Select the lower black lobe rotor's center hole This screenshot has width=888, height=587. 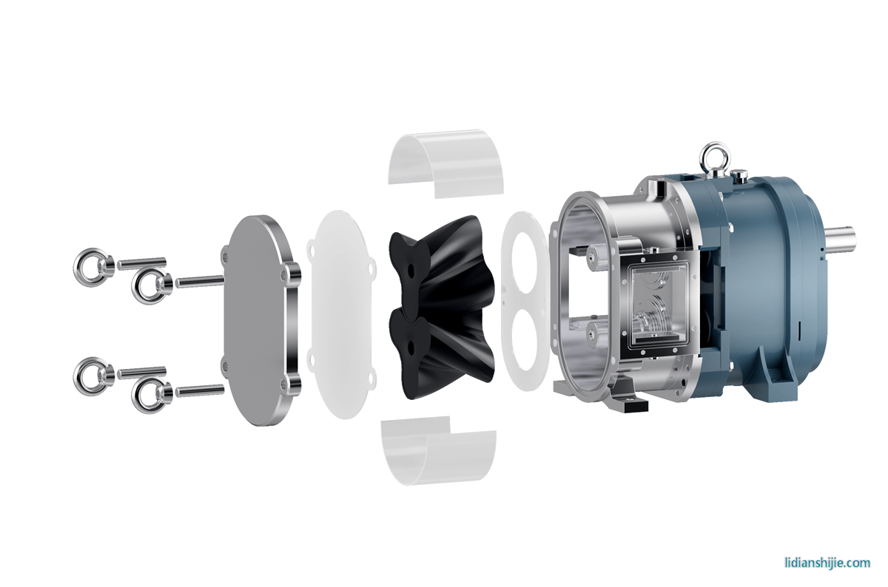(x=411, y=348)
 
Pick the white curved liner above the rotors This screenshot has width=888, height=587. (x=446, y=163)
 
